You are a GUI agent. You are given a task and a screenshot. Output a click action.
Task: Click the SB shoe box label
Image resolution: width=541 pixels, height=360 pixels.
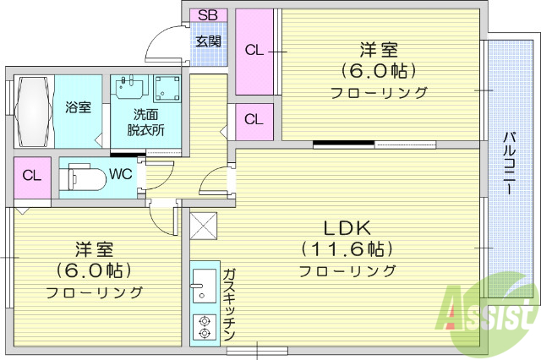click(x=207, y=15)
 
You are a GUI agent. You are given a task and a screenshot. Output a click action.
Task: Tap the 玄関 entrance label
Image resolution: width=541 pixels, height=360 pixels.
click(x=209, y=40)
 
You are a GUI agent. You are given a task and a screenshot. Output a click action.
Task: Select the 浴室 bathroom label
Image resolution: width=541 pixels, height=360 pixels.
click(x=79, y=107)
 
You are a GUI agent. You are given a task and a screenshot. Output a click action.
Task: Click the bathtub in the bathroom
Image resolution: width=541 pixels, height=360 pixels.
click(x=33, y=112)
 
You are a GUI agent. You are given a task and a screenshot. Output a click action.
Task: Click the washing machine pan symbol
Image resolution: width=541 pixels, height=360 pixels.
click(x=167, y=87)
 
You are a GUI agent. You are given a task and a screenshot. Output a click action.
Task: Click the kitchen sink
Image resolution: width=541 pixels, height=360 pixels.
click(x=203, y=285)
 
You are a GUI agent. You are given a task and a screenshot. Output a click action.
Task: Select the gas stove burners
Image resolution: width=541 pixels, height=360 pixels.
click(x=203, y=327)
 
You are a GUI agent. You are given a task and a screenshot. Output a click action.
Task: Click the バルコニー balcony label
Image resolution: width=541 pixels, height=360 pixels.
click(x=510, y=164)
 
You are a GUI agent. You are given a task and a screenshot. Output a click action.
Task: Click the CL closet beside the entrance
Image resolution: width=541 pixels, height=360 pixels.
click(x=254, y=50)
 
